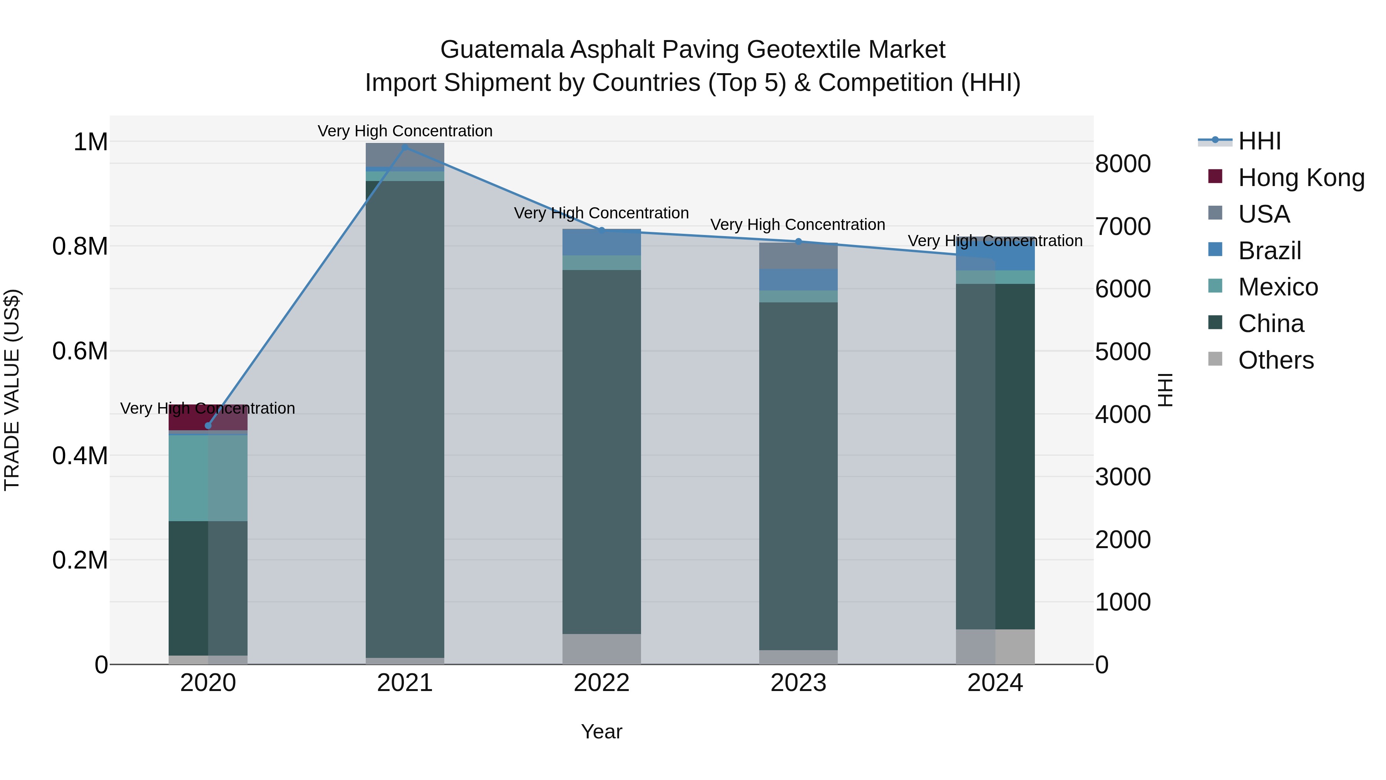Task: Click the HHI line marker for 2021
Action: tap(405, 147)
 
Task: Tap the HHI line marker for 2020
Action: tap(208, 426)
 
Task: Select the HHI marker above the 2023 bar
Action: tap(798, 241)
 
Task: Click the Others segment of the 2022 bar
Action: tap(601, 649)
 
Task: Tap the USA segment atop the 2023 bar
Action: tap(798, 256)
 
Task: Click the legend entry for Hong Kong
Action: tap(1301, 178)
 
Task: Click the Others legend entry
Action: tap(1275, 360)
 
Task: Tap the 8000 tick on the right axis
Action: tap(1123, 164)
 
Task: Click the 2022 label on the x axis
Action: tap(601, 683)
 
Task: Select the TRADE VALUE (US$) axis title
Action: tap(12, 390)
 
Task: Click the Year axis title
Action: tap(601, 731)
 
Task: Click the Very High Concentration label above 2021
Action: tap(405, 131)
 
